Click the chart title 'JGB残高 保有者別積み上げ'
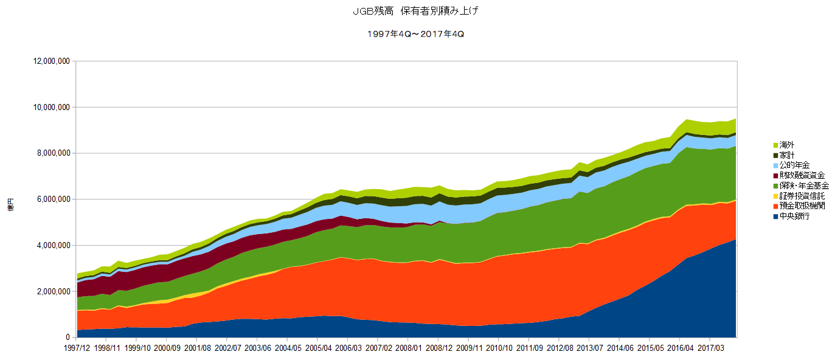[415, 12]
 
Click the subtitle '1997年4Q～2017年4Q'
[415, 34]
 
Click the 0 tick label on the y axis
[69, 337]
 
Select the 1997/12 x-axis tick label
[77, 348]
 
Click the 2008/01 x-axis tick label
[408, 348]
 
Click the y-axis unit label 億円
[10, 206]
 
